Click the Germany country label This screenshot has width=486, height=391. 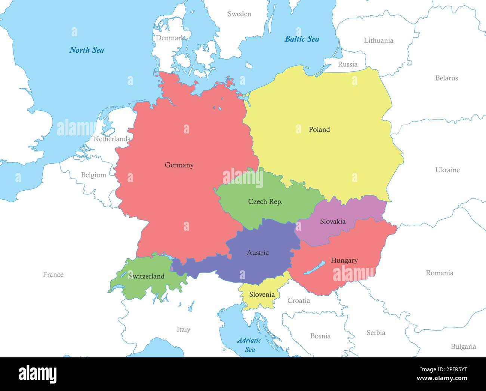[179, 165]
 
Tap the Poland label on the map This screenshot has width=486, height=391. [319, 129]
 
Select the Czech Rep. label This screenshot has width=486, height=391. [265, 201]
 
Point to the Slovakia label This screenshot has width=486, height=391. [332, 221]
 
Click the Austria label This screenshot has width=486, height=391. [258, 253]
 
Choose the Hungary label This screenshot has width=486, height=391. [344, 261]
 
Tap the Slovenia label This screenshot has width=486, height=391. [262, 295]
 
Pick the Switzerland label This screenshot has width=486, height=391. [146, 276]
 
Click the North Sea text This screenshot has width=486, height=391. [87, 50]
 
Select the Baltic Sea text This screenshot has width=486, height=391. [302, 39]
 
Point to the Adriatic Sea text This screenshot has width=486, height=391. [249, 345]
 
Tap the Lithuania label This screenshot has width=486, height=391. [378, 40]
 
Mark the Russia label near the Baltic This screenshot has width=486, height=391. [347, 64]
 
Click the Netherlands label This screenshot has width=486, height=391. [111, 139]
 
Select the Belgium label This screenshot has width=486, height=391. [93, 175]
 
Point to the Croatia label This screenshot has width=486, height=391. [298, 301]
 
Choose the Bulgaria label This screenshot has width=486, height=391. [463, 347]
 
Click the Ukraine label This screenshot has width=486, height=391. [447, 170]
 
